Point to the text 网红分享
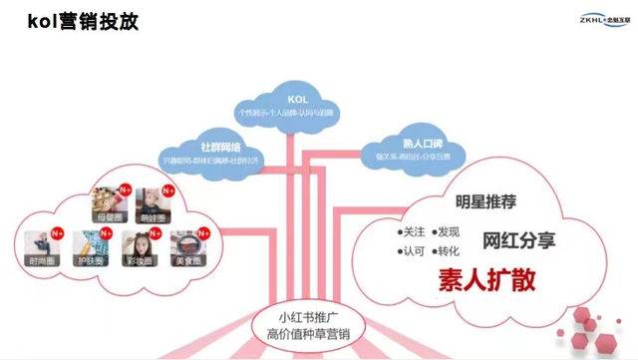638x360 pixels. coord(518,241)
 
